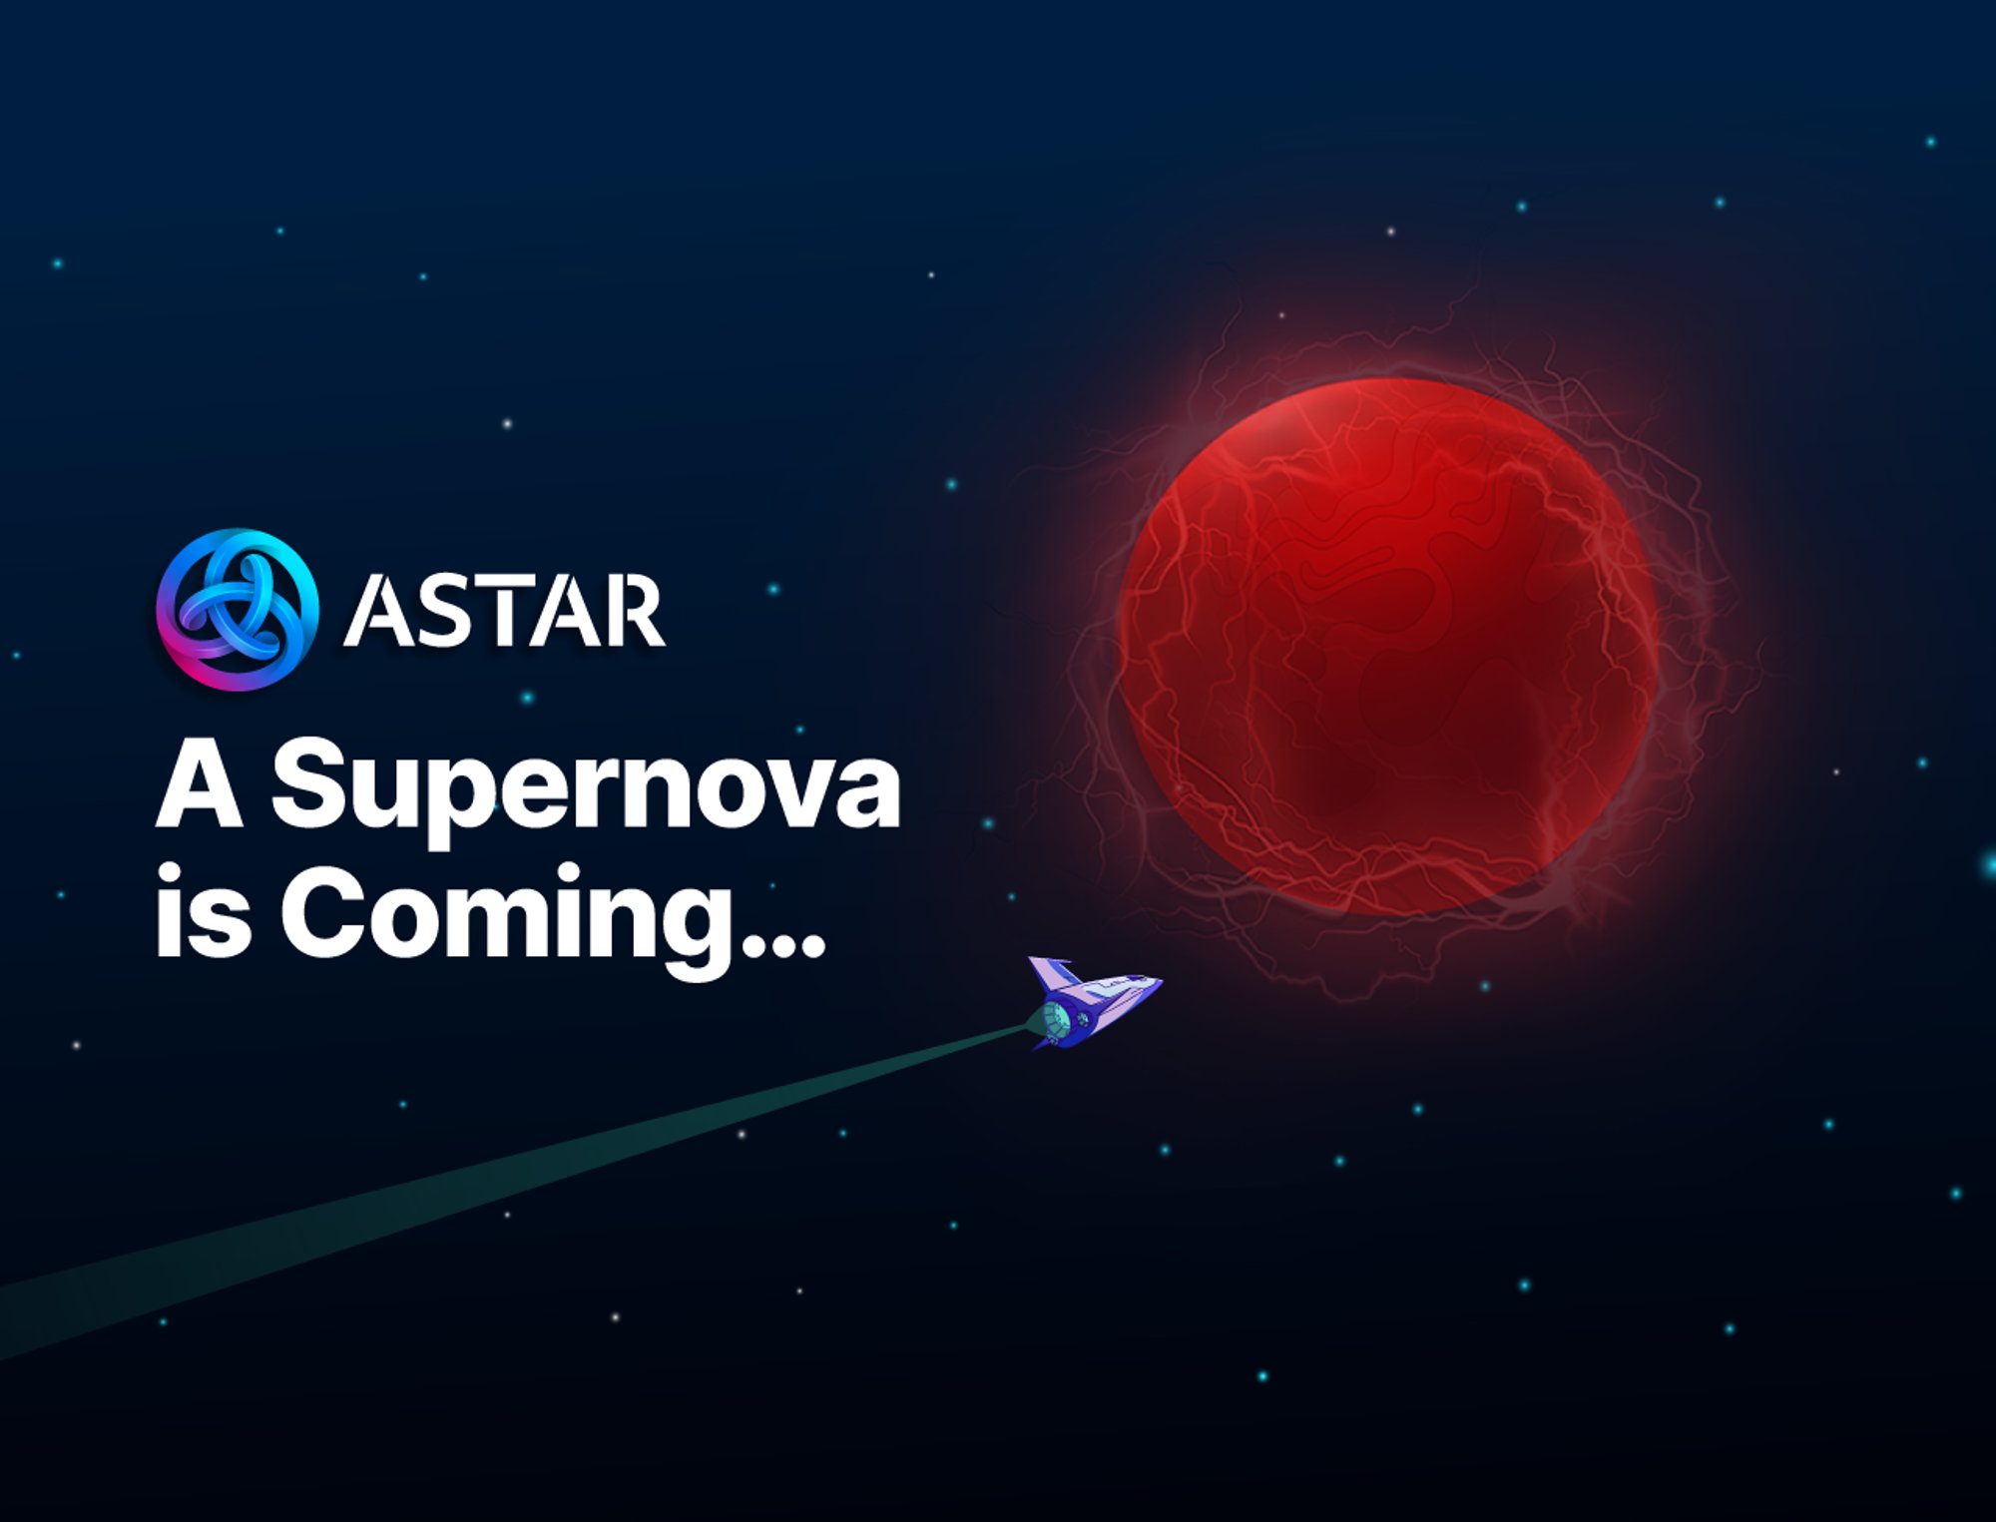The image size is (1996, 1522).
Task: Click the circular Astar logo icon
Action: click(x=238, y=610)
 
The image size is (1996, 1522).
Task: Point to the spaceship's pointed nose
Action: click(x=1158, y=982)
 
